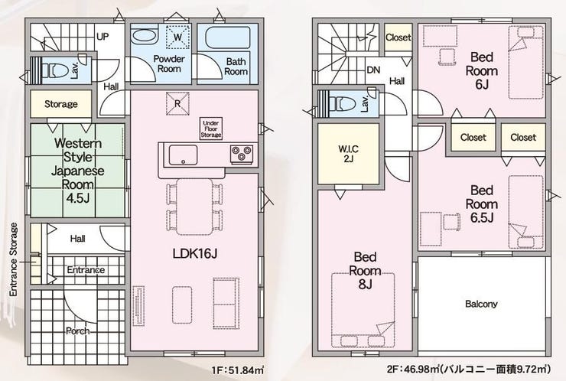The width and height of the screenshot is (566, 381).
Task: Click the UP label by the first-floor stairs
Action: (102, 37)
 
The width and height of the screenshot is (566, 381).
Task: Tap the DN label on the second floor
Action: (373, 70)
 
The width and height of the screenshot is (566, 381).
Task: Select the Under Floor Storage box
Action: (211, 129)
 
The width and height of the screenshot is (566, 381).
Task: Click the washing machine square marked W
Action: (177, 37)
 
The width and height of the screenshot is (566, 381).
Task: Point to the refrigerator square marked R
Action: (177, 103)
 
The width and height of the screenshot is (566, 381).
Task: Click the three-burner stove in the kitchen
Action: (242, 153)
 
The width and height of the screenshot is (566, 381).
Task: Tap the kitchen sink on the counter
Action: (183, 155)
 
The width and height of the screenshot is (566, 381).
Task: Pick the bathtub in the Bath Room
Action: (227, 37)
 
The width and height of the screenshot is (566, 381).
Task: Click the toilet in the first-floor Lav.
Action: (55, 70)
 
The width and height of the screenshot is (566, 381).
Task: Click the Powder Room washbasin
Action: (144, 37)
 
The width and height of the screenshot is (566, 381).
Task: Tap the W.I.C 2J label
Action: (348, 154)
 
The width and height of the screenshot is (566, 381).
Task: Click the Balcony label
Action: (481, 304)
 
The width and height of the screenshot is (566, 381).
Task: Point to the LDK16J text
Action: (195, 253)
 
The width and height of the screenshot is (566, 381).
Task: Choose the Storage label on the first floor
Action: (61, 104)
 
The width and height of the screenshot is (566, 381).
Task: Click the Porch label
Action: (78, 331)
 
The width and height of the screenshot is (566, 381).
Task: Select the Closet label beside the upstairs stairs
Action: (398, 37)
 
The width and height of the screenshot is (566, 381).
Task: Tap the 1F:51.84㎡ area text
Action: (238, 370)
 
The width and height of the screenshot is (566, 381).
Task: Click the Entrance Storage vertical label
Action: (14, 259)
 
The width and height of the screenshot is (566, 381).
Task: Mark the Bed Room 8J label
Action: (366, 271)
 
